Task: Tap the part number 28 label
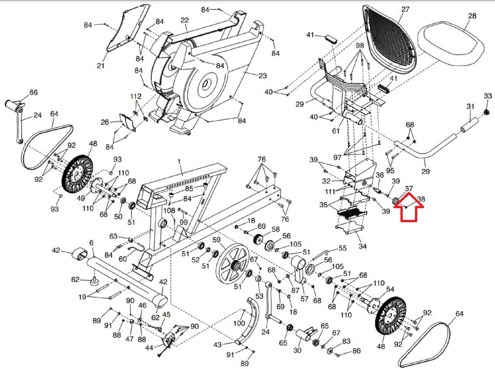(x=472, y=15)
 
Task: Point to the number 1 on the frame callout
(x=179, y=161)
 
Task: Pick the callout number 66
(x=33, y=92)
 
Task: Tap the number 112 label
(x=136, y=96)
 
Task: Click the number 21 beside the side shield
(x=101, y=66)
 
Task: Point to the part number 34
(x=363, y=246)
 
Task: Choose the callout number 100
(x=239, y=323)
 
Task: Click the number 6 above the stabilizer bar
(x=91, y=243)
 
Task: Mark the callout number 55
(x=342, y=248)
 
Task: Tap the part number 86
(x=356, y=351)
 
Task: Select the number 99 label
(x=183, y=222)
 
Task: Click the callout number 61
(x=336, y=131)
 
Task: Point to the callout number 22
(x=185, y=20)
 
